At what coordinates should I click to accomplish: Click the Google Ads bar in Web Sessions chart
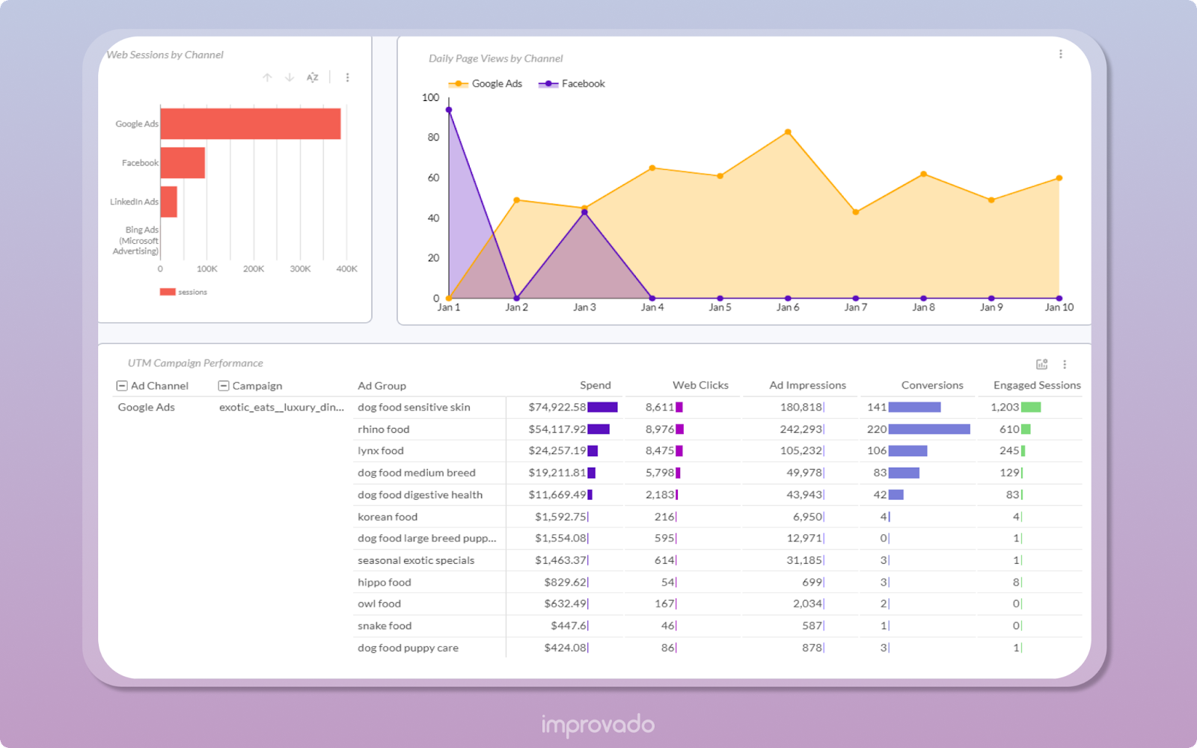point(251,124)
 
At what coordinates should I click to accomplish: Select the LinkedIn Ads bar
point(169,202)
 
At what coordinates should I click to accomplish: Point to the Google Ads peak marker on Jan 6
point(788,132)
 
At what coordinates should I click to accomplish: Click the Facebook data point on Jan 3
point(584,212)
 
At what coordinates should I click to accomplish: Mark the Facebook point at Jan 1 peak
point(449,110)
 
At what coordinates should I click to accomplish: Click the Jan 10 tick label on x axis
point(1059,307)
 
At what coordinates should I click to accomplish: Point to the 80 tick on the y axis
point(433,138)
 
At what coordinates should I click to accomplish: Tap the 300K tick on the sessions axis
point(300,269)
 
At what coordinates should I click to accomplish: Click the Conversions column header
point(931,385)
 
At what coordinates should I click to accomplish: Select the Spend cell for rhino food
point(557,429)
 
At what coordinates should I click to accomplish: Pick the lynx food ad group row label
point(381,451)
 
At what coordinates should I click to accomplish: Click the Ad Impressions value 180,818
point(800,408)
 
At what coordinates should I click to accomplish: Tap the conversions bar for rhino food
point(929,429)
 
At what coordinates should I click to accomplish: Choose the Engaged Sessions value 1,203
point(1005,408)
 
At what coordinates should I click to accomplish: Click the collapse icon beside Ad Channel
point(122,386)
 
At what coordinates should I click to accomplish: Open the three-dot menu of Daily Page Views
point(1060,54)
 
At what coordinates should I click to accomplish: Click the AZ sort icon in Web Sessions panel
point(313,78)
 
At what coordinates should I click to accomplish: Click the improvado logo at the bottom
point(598,724)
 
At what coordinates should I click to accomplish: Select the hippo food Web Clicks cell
point(668,583)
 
